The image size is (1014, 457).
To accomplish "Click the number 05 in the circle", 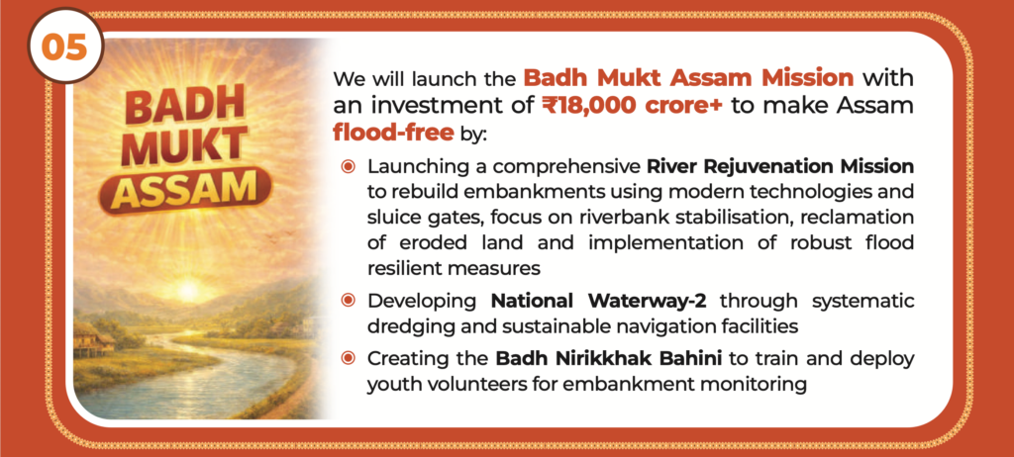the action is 64,47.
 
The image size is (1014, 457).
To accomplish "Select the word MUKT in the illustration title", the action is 183,146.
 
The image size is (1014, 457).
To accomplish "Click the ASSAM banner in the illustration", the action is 185,189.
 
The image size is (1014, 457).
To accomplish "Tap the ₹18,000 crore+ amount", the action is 633,106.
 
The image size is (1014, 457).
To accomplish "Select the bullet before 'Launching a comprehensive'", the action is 349,167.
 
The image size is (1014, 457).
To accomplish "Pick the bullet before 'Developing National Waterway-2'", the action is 349,300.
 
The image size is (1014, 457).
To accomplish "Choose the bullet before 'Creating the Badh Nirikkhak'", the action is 349,357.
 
